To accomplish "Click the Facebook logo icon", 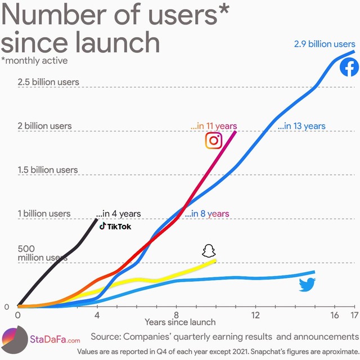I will pos(349,67).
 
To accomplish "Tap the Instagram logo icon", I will pos(213,141).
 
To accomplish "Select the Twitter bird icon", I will pos(307,284).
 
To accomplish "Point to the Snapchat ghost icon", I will pos(209,251).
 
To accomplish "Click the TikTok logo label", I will pos(115,226).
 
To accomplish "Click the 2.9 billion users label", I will pos(325,43).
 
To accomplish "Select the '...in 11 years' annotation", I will pos(214,126).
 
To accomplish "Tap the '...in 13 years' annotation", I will pos(301,126).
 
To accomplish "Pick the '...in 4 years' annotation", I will pos(118,214).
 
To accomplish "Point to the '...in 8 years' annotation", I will pos(207,214).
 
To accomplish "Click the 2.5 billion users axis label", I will pos(48,82).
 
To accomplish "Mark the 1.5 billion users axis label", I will pos(48,170).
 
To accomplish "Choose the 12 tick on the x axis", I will pos(255,314).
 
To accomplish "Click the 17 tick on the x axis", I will pos(353,314).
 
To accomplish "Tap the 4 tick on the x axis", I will pos(97,314).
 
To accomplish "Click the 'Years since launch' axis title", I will pos(180,322).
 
